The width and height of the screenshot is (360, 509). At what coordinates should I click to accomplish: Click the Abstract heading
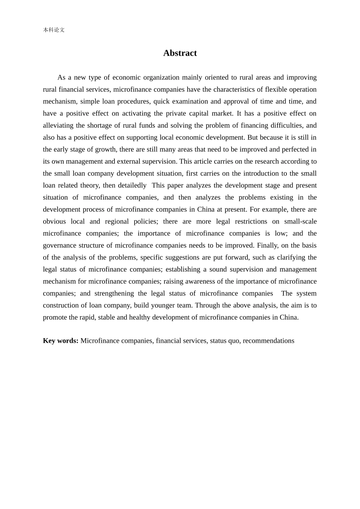point(180,53)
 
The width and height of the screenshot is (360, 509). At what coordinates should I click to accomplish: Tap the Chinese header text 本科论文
point(54,30)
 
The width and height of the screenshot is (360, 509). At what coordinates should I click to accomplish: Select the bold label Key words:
point(61,340)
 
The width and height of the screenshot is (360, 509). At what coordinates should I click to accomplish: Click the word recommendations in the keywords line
point(268,340)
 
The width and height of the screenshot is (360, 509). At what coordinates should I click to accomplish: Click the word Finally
point(267,245)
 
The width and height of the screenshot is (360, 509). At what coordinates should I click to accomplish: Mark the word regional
point(117,221)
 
